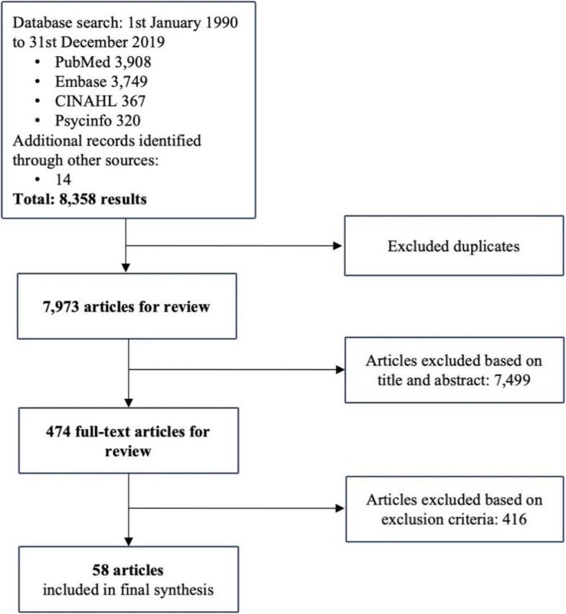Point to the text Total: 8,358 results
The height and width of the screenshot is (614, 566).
click(x=79, y=200)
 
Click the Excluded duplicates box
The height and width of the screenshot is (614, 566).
click(x=453, y=247)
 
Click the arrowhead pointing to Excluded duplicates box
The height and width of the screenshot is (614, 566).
click(x=338, y=247)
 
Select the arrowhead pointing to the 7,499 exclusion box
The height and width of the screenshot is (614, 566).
click(x=338, y=370)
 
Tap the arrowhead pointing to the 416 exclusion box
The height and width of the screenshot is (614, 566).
click(x=338, y=507)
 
